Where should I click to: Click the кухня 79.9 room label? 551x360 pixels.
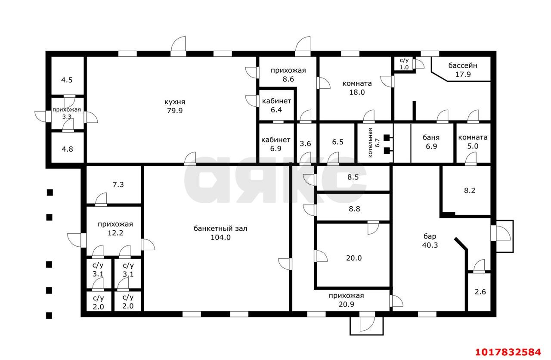click(175, 106)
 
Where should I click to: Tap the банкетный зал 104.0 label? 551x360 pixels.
click(220, 233)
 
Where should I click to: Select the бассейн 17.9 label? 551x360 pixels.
click(463, 70)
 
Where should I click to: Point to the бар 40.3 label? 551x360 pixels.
click(430, 241)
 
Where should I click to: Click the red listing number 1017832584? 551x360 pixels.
click(508, 352)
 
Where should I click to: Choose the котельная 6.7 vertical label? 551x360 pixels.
click(374, 143)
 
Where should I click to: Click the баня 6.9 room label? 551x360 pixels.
click(431, 142)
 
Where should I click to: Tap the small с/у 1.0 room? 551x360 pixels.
click(404, 64)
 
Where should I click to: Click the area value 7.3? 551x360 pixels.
click(118, 185)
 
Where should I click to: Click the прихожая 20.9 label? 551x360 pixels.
click(347, 300)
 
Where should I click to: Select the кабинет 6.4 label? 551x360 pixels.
click(276, 106)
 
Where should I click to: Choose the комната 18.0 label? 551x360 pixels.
click(357, 88)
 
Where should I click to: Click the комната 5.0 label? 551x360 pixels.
click(473, 142)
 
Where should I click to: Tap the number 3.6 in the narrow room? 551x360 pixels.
click(305, 143)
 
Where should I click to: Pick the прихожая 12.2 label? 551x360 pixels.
click(115, 229)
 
